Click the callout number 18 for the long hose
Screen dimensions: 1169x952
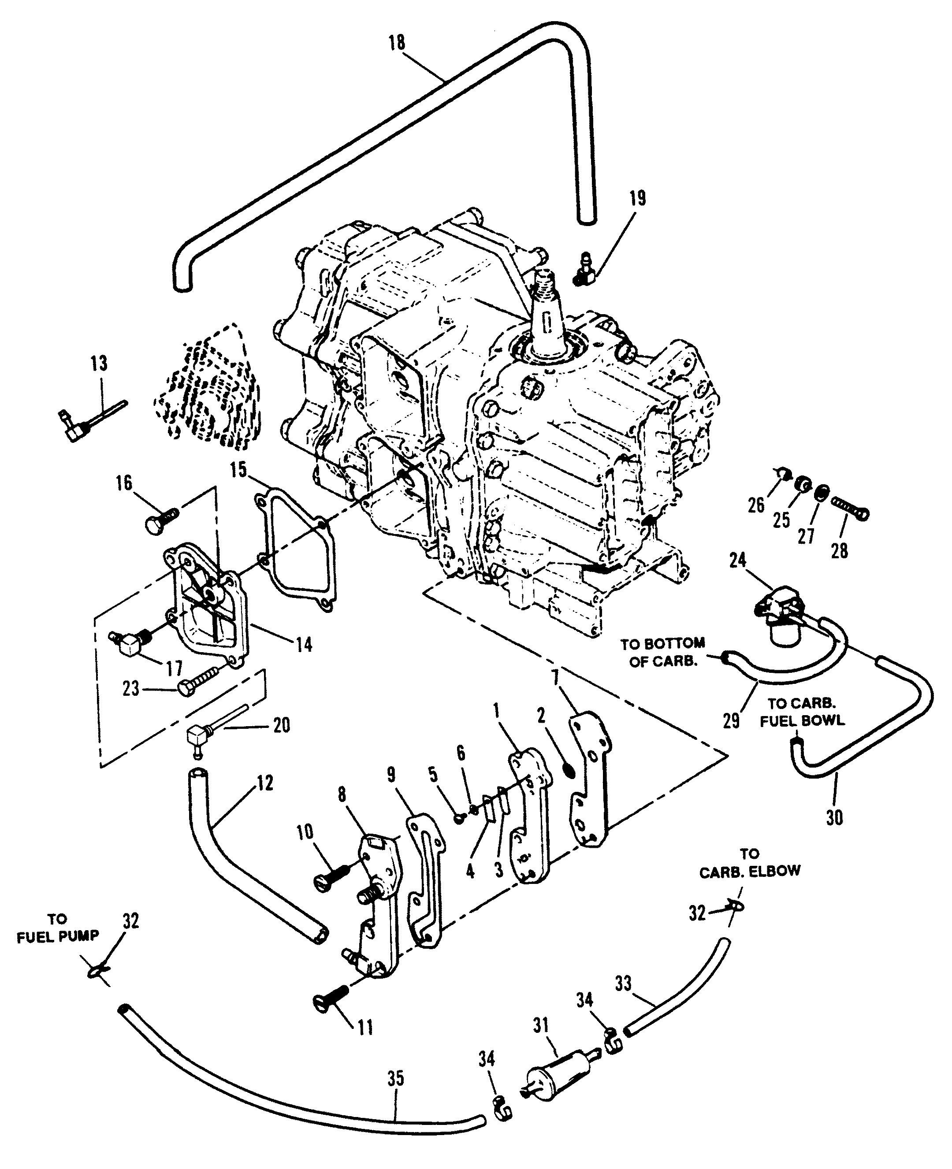[397, 43]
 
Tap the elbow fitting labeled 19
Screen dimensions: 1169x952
[584, 271]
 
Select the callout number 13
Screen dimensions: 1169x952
[100, 363]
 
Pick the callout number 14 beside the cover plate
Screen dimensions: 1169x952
[304, 645]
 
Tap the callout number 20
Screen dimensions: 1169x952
[281, 725]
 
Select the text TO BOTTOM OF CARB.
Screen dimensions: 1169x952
[662, 653]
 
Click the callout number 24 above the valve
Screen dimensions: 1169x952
[738, 560]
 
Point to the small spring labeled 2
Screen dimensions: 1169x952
[570, 770]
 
